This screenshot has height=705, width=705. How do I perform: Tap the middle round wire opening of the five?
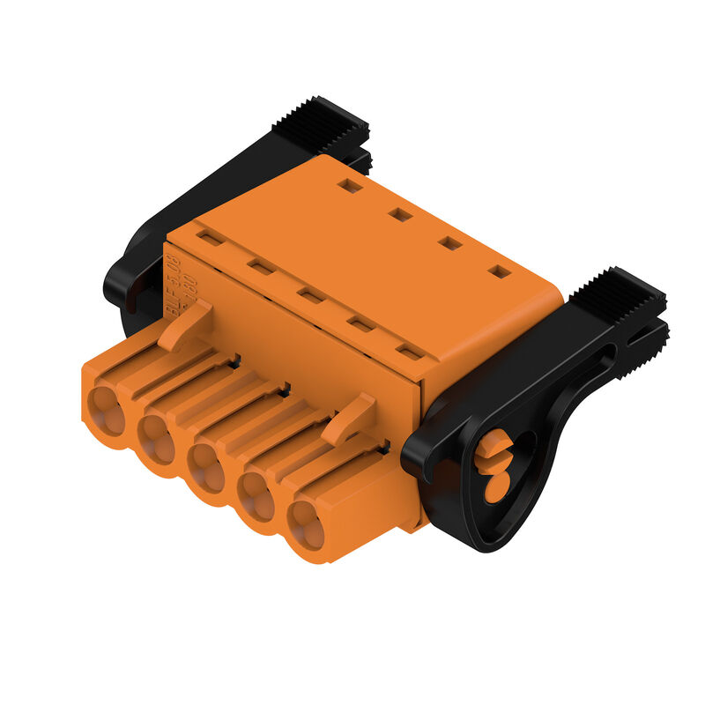click(x=209, y=468)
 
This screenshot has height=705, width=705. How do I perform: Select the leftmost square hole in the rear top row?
click(x=350, y=186)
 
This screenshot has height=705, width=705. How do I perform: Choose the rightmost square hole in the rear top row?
click(x=499, y=271)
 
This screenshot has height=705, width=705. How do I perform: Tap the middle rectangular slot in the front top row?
click(x=309, y=295)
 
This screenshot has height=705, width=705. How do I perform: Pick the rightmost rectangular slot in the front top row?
click(x=408, y=352)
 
